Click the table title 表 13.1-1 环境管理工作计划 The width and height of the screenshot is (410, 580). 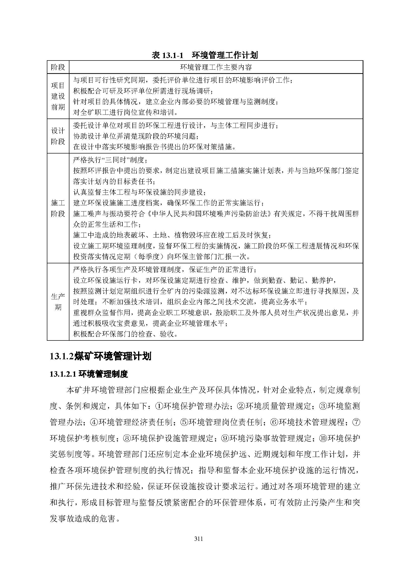pos(205,55)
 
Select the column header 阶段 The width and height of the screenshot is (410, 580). pos(58,67)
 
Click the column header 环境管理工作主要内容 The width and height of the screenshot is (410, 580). pos(216,67)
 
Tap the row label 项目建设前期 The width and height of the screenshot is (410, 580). pos(58,96)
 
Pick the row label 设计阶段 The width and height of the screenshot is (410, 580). pos(58,136)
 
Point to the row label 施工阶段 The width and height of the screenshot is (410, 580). pos(58,208)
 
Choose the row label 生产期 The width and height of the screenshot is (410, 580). pos(58,302)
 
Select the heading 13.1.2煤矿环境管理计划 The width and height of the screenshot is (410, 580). pos(100,356)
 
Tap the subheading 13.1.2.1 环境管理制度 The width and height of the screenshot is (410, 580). pos(89,374)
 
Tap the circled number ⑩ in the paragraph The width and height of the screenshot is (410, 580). pos(323,438)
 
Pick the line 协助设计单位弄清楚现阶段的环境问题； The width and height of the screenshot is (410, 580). pos(136,136)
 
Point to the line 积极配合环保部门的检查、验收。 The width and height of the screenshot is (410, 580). pos(125,334)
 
